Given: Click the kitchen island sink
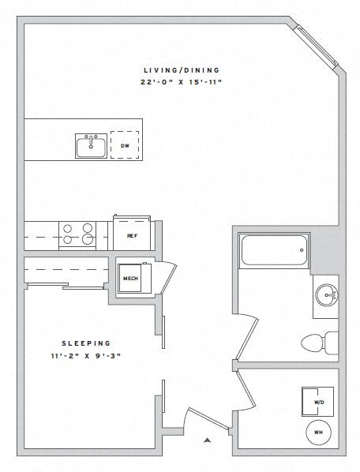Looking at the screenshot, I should pyautogui.click(x=92, y=146).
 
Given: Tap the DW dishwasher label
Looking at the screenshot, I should pyautogui.click(x=125, y=146).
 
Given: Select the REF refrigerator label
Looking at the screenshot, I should pyautogui.click(x=133, y=235).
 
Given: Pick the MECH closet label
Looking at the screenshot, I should pyautogui.click(x=130, y=278).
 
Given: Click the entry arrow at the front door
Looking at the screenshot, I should pyautogui.click(x=207, y=440).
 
